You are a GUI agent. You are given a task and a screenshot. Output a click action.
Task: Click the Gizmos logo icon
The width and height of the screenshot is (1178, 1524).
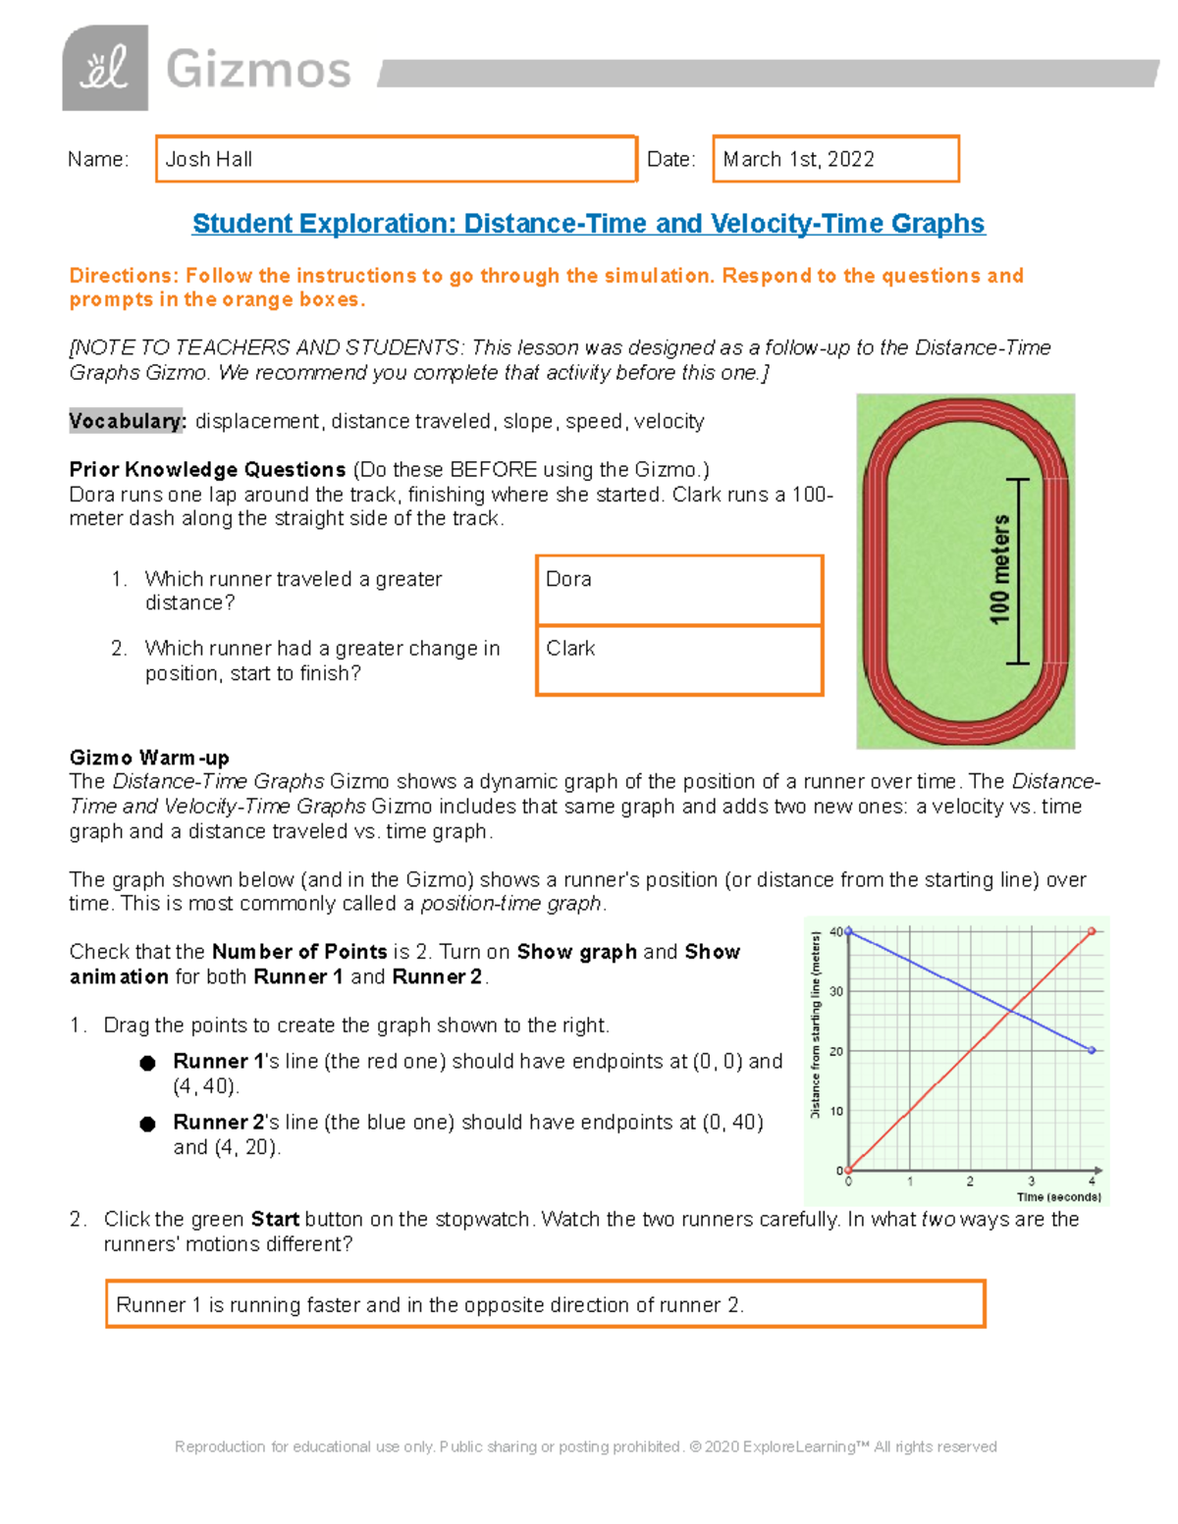[105, 69]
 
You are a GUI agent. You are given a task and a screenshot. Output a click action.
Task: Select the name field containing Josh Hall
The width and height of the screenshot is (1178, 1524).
[396, 159]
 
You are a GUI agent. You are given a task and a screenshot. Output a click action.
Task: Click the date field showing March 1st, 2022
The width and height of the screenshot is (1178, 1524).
[835, 159]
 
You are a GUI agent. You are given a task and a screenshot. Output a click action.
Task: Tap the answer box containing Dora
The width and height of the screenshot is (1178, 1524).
[679, 590]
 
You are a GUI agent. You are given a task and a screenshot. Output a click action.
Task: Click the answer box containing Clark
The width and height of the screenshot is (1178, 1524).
[679, 660]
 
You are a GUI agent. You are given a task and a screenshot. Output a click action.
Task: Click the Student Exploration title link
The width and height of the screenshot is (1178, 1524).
[588, 224]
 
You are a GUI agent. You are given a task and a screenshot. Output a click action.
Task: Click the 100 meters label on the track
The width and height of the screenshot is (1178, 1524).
[1000, 570]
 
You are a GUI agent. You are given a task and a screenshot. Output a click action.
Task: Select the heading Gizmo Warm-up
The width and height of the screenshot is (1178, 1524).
[149, 758]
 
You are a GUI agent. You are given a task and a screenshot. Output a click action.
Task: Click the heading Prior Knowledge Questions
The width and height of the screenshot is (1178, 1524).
[207, 469]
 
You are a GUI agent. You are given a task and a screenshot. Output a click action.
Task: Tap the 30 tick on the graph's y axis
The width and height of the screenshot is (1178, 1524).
[836, 991]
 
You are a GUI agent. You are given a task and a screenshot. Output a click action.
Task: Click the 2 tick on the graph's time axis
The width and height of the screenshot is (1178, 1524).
[970, 1182]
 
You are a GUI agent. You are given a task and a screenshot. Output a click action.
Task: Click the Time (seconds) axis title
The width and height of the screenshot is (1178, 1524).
[1058, 1197]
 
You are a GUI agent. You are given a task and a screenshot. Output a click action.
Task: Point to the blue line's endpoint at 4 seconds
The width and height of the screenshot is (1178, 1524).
[1092, 1050]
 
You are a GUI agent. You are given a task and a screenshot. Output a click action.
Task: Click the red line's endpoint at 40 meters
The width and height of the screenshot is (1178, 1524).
[1092, 931]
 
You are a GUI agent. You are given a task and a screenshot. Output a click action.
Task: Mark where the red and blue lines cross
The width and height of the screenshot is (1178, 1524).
[1011, 1010]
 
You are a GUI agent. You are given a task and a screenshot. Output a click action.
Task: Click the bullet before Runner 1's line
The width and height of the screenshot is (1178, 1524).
[147, 1063]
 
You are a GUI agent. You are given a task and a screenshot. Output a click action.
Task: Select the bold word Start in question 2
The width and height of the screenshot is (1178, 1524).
[275, 1219]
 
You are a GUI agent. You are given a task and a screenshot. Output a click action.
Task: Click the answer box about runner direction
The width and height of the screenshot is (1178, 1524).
[545, 1304]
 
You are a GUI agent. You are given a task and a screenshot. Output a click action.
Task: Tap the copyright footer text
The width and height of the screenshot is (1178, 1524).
[585, 1446]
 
